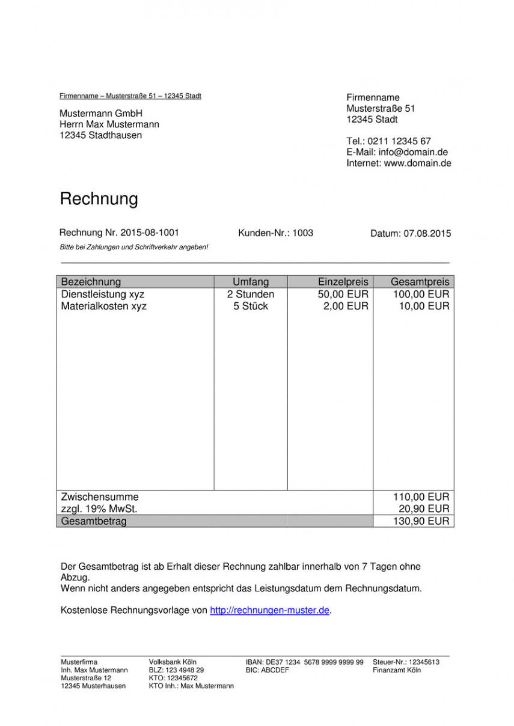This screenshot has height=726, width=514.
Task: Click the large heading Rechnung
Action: tap(99, 199)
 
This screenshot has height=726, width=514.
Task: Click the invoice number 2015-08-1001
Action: tap(149, 233)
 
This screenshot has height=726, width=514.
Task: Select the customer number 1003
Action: tap(302, 233)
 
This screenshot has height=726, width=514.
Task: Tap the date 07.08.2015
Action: tap(427, 234)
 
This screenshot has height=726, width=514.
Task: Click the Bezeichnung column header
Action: tap(91, 282)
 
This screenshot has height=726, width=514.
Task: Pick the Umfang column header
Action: tap(251, 282)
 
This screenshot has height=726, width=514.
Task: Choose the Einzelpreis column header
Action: tap(343, 282)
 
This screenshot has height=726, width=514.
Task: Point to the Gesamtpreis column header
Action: tap(420, 282)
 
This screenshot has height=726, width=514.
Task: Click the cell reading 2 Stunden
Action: tap(251, 294)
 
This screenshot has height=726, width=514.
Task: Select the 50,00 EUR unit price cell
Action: tap(343, 294)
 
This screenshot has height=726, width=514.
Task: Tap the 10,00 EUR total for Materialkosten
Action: tap(424, 307)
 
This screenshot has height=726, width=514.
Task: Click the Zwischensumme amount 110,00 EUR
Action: tap(421, 497)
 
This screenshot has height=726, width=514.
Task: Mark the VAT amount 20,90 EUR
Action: tap(424, 509)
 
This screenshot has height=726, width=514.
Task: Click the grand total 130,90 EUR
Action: tap(421, 522)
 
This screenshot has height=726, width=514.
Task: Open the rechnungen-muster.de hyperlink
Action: tap(269, 611)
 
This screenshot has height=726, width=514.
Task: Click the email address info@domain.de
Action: tap(413, 153)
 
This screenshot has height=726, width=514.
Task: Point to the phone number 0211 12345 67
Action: tap(399, 142)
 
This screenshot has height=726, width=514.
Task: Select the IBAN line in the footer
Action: tap(304, 662)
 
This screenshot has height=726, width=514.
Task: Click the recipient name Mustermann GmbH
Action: tap(100, 114)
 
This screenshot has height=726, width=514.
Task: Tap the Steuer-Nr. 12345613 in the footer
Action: tap(406, 662)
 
